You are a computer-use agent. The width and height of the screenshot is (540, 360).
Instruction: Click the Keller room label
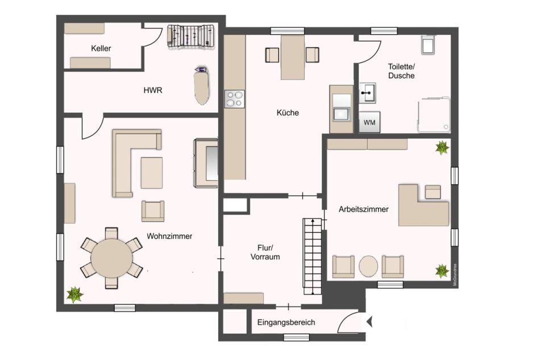pos(101,48)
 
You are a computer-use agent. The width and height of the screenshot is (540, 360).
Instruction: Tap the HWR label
pos(152,90)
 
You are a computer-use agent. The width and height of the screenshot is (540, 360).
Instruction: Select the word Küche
pos(288,113)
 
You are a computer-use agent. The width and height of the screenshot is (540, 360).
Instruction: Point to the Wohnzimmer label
pos(169,237)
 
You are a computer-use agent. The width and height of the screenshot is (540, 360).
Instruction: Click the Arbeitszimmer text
pos(363,209)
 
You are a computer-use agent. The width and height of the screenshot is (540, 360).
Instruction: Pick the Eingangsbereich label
pos(286,322)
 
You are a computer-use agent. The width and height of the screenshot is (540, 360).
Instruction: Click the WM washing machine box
pos(369,122)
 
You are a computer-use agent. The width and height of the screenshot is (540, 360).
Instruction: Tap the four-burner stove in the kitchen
pos(235,99)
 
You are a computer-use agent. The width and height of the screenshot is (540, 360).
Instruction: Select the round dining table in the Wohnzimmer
pos(111,258)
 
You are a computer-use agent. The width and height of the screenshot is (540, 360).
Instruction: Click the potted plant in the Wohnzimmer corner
pos(74,295)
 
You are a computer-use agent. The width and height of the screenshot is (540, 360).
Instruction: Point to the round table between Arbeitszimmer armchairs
pos(368,266)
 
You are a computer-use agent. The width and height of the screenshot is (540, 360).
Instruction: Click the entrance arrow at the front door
pos(369,322)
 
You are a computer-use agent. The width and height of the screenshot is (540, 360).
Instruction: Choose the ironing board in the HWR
pos(202,86)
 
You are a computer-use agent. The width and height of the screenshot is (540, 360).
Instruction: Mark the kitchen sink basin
pos(341,114)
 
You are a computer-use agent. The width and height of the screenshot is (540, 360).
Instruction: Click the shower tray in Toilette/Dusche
pos(434,115)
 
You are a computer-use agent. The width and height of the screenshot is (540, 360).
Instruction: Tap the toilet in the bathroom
pos(428,44)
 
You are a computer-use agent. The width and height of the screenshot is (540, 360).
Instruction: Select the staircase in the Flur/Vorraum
pos(313,256)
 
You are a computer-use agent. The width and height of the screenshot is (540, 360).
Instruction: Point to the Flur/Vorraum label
pos(265,252)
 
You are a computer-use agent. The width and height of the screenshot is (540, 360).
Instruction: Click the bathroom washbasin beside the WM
pos(367,93)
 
